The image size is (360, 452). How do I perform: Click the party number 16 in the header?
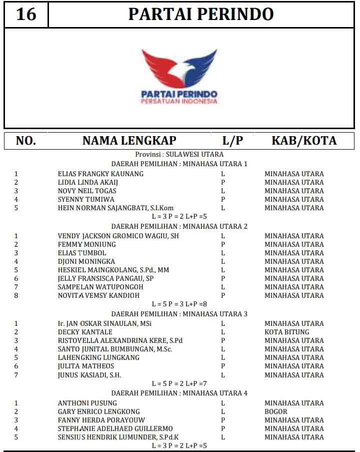(x=26, y=14)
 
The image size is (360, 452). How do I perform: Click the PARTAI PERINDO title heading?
(x=200, y=14)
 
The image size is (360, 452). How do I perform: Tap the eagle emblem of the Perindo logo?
(x=179, y=68)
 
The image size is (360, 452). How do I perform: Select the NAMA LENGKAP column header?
(x=129, y=141)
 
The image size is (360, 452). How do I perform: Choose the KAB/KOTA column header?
(x=304, y=141)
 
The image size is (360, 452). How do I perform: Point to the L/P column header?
(x=232, y=141)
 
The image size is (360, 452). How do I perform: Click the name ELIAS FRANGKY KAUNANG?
(x=100, y=174)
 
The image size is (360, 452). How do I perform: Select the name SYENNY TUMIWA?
(x=86, y=199)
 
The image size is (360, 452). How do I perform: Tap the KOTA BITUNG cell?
(x=286, y=332)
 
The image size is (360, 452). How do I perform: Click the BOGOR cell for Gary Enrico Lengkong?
(x=275, y=411)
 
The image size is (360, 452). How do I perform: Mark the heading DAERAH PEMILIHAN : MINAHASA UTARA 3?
(x=179, y=314)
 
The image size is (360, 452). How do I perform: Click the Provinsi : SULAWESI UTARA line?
(x=179, y=155)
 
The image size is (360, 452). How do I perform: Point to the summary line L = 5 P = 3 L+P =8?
(x=179, y=304)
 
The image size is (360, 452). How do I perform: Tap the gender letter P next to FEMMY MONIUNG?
(x=223, y=244)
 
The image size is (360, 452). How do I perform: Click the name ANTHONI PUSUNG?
(x=87, y=403)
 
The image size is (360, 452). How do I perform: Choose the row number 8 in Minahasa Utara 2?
(x=16, y=295)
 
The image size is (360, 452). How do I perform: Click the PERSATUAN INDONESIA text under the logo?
(x=179, y=101)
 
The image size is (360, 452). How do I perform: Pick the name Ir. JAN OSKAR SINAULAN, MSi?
(x=105, y=323)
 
